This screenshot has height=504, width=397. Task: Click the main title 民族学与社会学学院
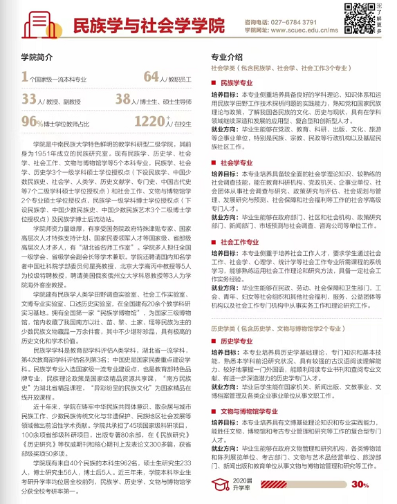pyautogui.click(x=149, y=26)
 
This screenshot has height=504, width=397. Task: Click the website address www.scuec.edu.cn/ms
pyautogui.click(x=308, y=31)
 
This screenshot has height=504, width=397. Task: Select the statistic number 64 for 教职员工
pyautogui.click(x=151, y=77)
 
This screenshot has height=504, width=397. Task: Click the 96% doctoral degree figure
pyautogui.click(x=33, y=122)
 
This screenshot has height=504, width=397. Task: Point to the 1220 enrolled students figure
pyautogui.click(x=149, y=122)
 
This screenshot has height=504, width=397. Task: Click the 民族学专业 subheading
pyautogui.click(x=240, y=82)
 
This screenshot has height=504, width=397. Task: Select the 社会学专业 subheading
pyautogui.click(x=240, y=163)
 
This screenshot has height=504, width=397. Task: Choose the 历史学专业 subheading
pyautogui.click(x=240, y=342)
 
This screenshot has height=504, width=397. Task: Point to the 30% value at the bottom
pyautogui.click(x=360, y=485)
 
